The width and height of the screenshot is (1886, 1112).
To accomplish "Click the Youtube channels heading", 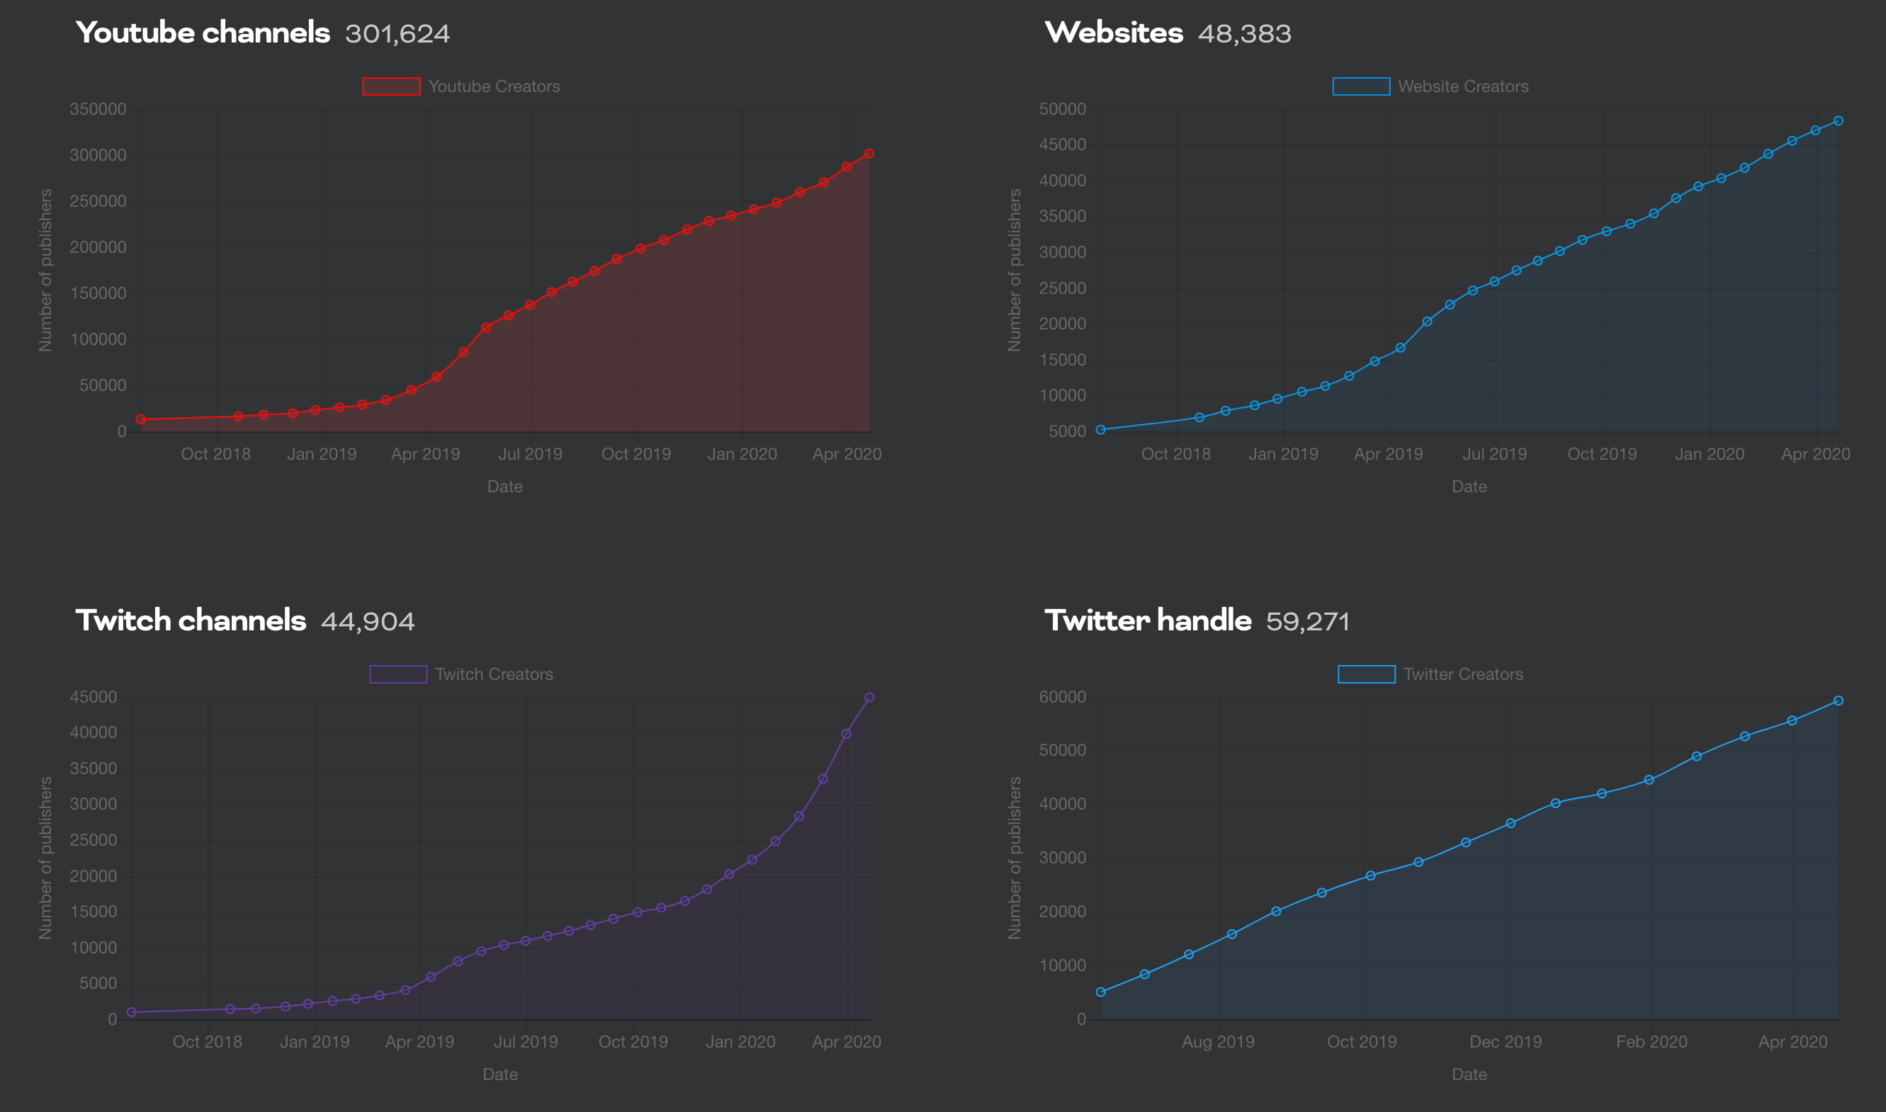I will click(203, 33).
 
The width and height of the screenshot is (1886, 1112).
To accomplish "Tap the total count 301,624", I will click(397, 34).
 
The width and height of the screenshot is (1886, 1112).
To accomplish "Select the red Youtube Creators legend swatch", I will click(391, 86).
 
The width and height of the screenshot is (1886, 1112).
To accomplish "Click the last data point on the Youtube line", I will click(869, 154).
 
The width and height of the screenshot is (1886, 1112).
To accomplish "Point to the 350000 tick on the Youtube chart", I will click(98, 109).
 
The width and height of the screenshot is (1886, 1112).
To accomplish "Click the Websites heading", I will click(1114, 33).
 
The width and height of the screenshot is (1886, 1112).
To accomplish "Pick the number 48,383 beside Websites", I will click(1245, 34).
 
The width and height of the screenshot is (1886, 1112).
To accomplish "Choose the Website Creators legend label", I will click(1462, 86).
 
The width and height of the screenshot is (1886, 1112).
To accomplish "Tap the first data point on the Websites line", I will click(1101, 429).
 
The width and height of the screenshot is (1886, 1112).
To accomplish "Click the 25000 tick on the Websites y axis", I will click(1062, 288).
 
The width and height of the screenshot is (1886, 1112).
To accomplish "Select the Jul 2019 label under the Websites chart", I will click(1494, 454).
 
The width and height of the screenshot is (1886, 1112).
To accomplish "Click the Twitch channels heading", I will click(191, 620).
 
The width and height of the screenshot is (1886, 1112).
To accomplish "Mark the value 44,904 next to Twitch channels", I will click(367, 621).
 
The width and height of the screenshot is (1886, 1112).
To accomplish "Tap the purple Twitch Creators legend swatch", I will click(398, 674).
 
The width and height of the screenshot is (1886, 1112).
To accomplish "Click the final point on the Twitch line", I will click(869, 698).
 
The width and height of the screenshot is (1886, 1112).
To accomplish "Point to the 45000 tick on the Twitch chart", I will click(94, 697).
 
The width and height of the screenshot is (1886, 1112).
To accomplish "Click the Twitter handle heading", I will click(1148, 620).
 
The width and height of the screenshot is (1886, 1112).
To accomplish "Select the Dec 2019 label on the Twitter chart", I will click(1506, 1042).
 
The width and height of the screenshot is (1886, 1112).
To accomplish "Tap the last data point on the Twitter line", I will click(1838, 700).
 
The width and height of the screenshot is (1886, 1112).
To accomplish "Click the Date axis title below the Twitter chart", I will click(1469, 1074).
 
